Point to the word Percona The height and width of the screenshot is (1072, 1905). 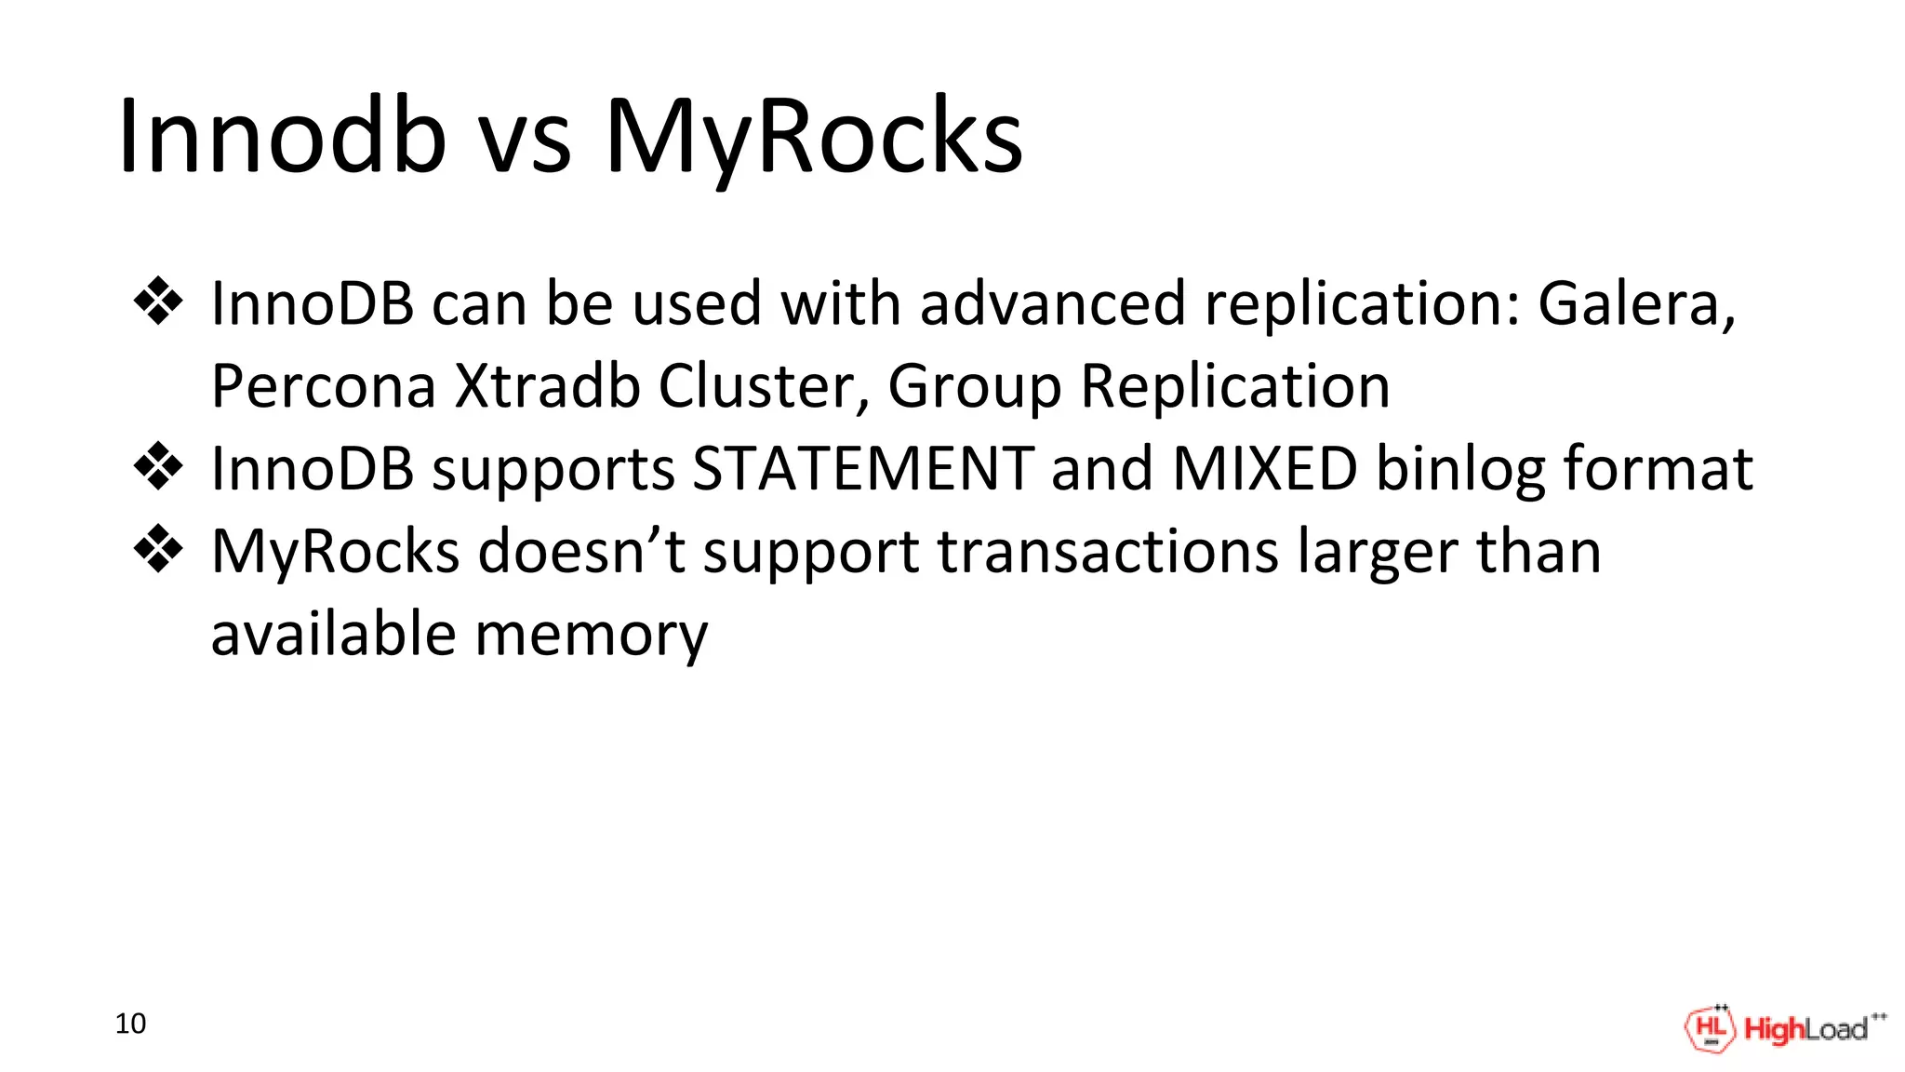[323, 385]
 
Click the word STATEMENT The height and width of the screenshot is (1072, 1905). [863, 468]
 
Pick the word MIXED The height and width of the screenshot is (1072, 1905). [1265, 468]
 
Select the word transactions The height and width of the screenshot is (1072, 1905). [1108, 552]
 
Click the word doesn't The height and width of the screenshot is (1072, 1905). [582, 551]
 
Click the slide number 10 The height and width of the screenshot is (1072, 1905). [130, 1024]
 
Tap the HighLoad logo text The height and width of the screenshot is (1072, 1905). [1805, 1029]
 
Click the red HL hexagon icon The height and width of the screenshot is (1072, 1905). [1710, 1029]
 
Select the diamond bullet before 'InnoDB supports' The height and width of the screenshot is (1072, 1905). [158, 467]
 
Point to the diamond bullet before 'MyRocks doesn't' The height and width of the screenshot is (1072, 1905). [158, 549]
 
